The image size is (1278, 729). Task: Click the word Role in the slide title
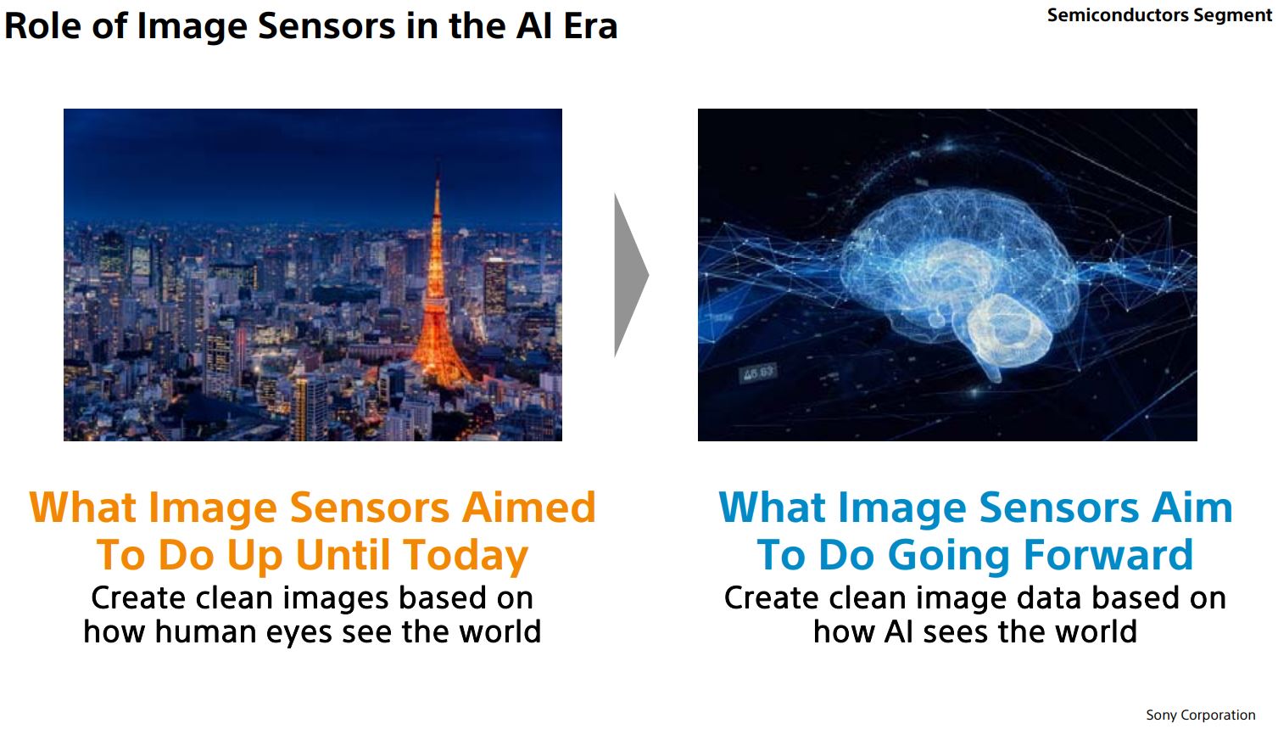click(43, 25)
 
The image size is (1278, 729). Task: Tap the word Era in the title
click(589, 25)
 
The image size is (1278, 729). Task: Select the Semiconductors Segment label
click(1159, 15)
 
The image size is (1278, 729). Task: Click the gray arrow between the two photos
click(630, 275)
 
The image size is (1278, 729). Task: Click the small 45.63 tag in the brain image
click(758, 373)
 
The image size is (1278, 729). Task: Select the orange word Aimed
click(528, 507)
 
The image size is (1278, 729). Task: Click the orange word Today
click(466, 555)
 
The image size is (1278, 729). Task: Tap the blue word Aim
click(1191, 507)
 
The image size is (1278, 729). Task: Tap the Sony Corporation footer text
click(1200, 715)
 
